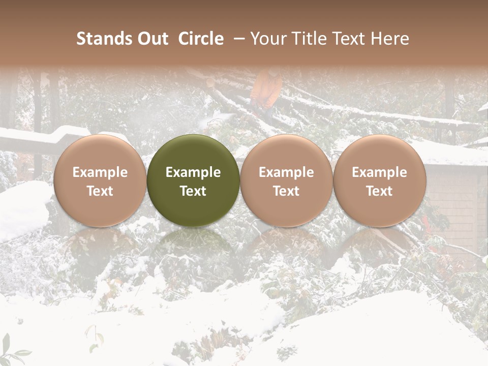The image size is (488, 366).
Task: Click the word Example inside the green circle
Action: (x=193, y=172)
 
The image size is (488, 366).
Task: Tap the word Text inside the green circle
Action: (x=193, y=191)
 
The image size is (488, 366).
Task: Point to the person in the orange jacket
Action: (x=267, y=89)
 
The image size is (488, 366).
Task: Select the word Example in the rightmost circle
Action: (x=379, y=172)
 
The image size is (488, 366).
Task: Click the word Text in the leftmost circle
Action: (x=100, y=191)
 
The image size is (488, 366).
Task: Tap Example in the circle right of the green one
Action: (x=286, y=172)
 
